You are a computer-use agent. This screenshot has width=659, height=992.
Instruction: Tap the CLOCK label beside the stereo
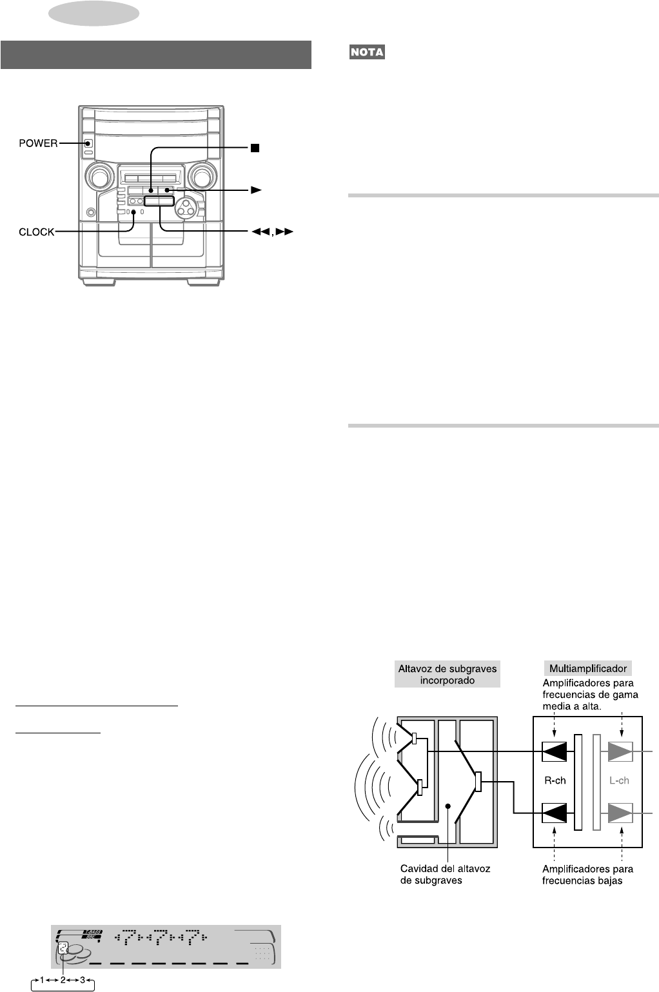(37, 232)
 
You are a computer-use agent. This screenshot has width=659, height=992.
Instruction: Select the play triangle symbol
(256, 190)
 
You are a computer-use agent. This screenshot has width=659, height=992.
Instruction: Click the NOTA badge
(368, 52)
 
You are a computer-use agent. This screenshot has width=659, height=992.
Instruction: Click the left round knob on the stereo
(99, 175)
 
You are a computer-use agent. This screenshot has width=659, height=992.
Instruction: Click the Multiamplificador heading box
(587, 669)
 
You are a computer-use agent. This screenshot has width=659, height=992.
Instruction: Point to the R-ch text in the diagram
(555, 780)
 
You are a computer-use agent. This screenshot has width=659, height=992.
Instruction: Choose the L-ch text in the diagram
(619, 780)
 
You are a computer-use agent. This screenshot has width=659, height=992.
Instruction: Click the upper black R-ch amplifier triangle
(555, 752)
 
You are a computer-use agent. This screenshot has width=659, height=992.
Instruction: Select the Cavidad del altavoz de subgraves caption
(445, 874)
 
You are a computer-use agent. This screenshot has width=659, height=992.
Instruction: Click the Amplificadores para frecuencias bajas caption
(587, 875)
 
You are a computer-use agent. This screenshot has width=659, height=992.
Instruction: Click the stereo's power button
(88, 144)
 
